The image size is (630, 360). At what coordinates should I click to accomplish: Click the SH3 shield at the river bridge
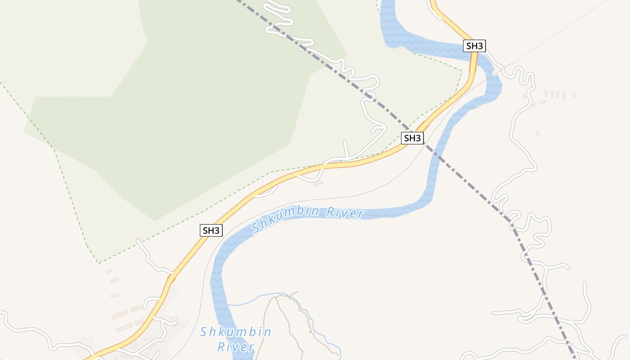click(x=475, y=46)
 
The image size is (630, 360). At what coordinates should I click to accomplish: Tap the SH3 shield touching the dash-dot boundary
click(x=412, y=138)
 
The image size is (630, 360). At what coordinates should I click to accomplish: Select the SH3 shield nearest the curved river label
click(x=211, y=230)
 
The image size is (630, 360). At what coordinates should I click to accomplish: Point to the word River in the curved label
click(x=345, y=212)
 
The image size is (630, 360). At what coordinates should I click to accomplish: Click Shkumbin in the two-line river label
click(x=236, y=332)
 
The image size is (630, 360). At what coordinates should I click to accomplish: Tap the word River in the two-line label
click(x=236, y=347)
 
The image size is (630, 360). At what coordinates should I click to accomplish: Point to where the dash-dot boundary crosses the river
click(x=436, y=153)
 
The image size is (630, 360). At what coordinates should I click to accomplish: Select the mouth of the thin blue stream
click(x=228, y=305)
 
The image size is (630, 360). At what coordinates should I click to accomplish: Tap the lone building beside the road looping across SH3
click(x=319, y=184)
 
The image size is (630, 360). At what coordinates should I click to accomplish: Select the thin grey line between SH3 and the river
click(x=315, y=198)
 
